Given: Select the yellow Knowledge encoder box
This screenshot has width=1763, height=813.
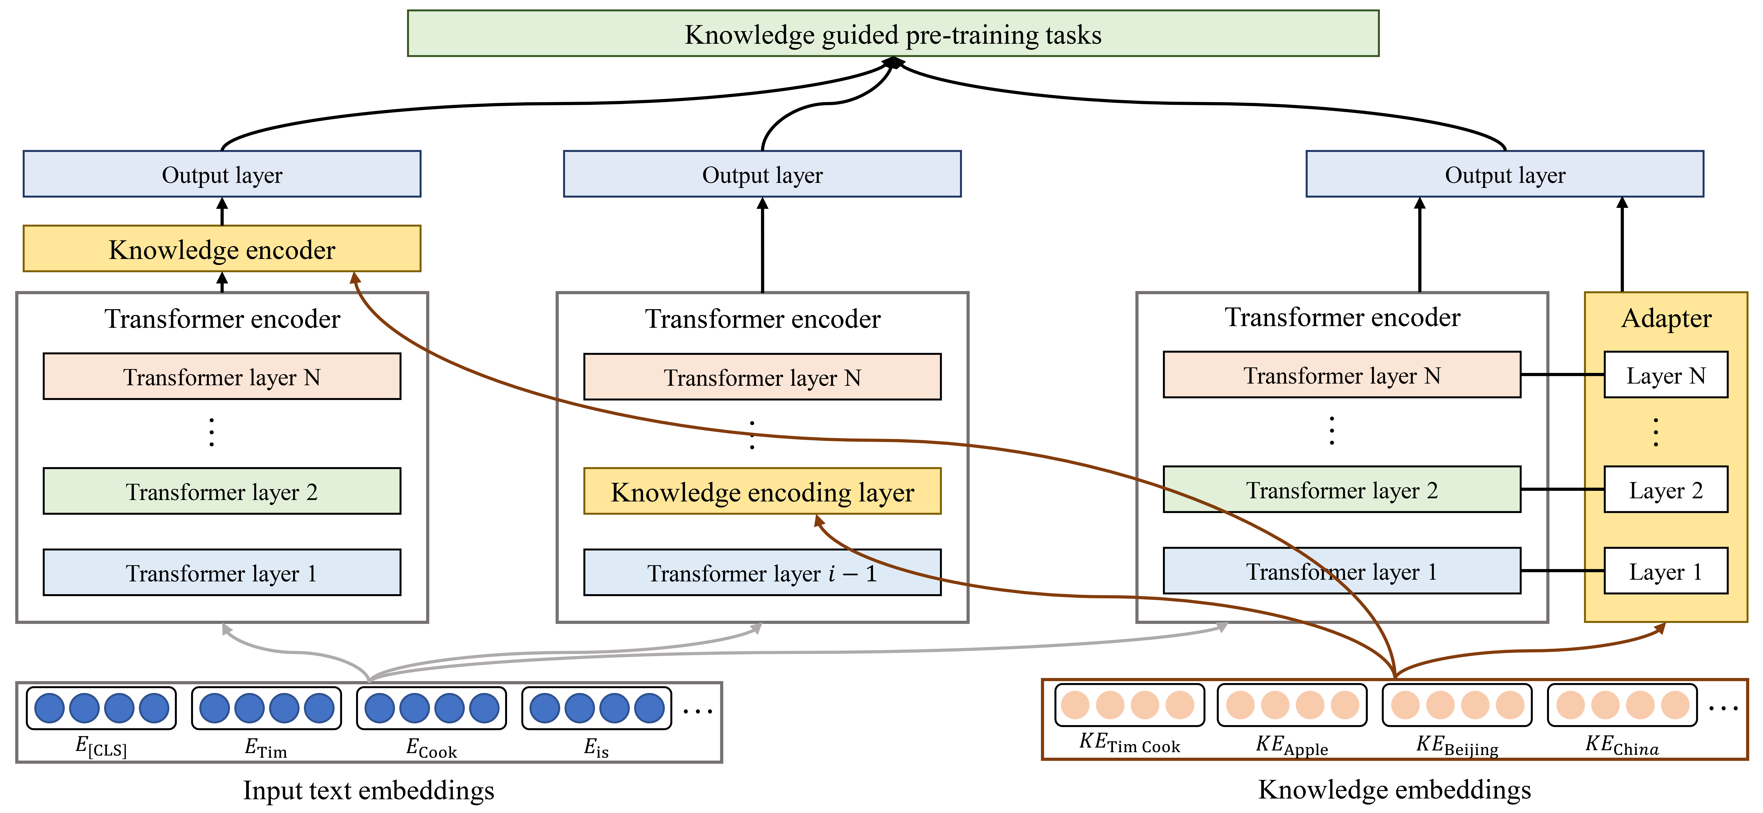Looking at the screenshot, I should point(222,249).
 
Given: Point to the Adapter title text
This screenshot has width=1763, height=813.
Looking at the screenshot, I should point(1666,318).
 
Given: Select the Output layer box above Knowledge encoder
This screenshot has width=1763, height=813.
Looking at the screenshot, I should point(222,174).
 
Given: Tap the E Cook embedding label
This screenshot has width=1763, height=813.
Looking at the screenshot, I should point(431,747).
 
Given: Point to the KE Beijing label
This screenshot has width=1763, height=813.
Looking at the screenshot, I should point(1457,745).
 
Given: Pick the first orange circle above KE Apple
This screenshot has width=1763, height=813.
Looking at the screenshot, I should point(1240,705).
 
